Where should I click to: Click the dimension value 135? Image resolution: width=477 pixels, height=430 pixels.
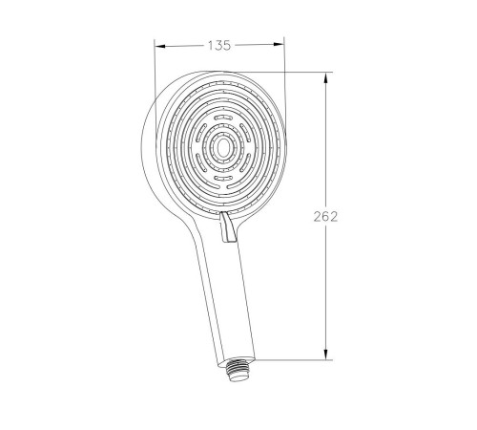tap(219, 46)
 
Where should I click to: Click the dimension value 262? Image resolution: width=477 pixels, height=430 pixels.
tap(325, 217)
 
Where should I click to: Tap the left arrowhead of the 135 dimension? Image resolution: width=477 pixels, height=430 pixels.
tap(160, 47)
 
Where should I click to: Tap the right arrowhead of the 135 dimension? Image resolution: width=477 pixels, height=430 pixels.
tap(278, 44)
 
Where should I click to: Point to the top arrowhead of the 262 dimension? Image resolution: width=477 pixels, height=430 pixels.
tap(325, 78)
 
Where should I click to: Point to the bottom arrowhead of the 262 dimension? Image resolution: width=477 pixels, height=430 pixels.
tap(325, 355)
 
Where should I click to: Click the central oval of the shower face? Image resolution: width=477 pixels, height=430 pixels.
tap(222, 147)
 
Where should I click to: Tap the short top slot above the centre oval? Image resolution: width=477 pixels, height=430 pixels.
tap(223, 118)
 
